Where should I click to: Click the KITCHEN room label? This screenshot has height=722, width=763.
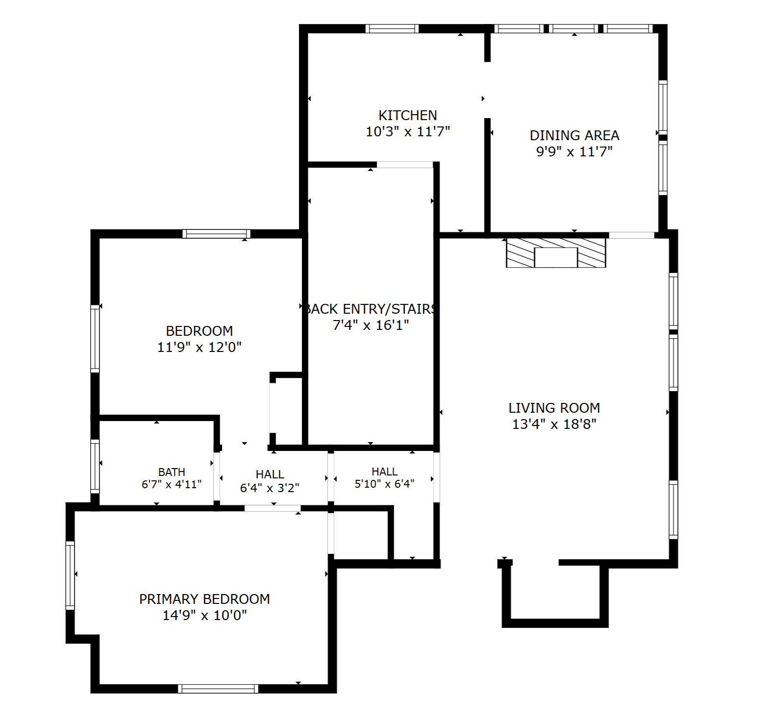408,115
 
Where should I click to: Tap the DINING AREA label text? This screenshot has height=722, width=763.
574,135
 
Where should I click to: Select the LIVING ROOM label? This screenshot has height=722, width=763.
554,408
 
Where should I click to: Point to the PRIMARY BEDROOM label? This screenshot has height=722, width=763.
204,599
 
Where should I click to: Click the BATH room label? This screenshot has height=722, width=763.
172,472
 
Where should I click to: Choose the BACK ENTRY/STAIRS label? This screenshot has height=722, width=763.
370,309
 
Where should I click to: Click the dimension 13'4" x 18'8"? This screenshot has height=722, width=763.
554,424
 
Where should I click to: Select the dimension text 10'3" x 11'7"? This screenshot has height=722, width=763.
408,131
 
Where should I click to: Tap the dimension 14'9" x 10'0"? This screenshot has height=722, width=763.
204,615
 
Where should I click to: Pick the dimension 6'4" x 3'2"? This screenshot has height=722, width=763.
270,488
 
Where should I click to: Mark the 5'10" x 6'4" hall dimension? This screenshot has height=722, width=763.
385,484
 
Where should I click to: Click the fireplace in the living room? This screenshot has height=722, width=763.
556,253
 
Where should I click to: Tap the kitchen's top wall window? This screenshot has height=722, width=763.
392,28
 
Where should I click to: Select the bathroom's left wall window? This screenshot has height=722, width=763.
95,466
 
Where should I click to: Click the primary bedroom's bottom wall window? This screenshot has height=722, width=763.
218,689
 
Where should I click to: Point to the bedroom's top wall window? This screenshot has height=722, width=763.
216,234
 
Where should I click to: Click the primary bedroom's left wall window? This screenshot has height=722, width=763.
70,575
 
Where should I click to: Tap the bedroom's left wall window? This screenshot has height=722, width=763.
95,339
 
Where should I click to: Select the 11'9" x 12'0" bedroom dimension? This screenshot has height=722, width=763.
199,348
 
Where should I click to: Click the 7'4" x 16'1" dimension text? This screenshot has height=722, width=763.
370,325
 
